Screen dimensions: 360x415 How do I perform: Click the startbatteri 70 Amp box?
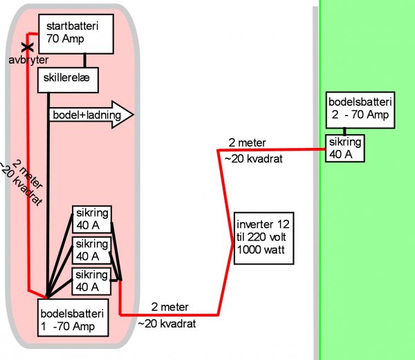(x=75, y=34)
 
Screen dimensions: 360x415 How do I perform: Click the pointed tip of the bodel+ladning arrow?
(x=131, y=115)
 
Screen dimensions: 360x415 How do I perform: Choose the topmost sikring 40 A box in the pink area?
(x=91, y=220)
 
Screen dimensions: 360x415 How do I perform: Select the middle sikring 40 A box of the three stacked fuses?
(x=91, y=249)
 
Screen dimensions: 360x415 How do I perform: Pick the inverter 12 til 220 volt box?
(x=264, y=237)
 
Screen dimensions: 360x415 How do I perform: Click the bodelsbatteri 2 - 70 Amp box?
(x=360, y=109)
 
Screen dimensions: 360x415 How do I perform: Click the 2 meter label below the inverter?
(x=169, y=307)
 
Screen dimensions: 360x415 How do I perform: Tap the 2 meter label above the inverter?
(x=247, y=142)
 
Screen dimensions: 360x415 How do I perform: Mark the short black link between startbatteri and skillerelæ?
(x=84, y=60)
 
